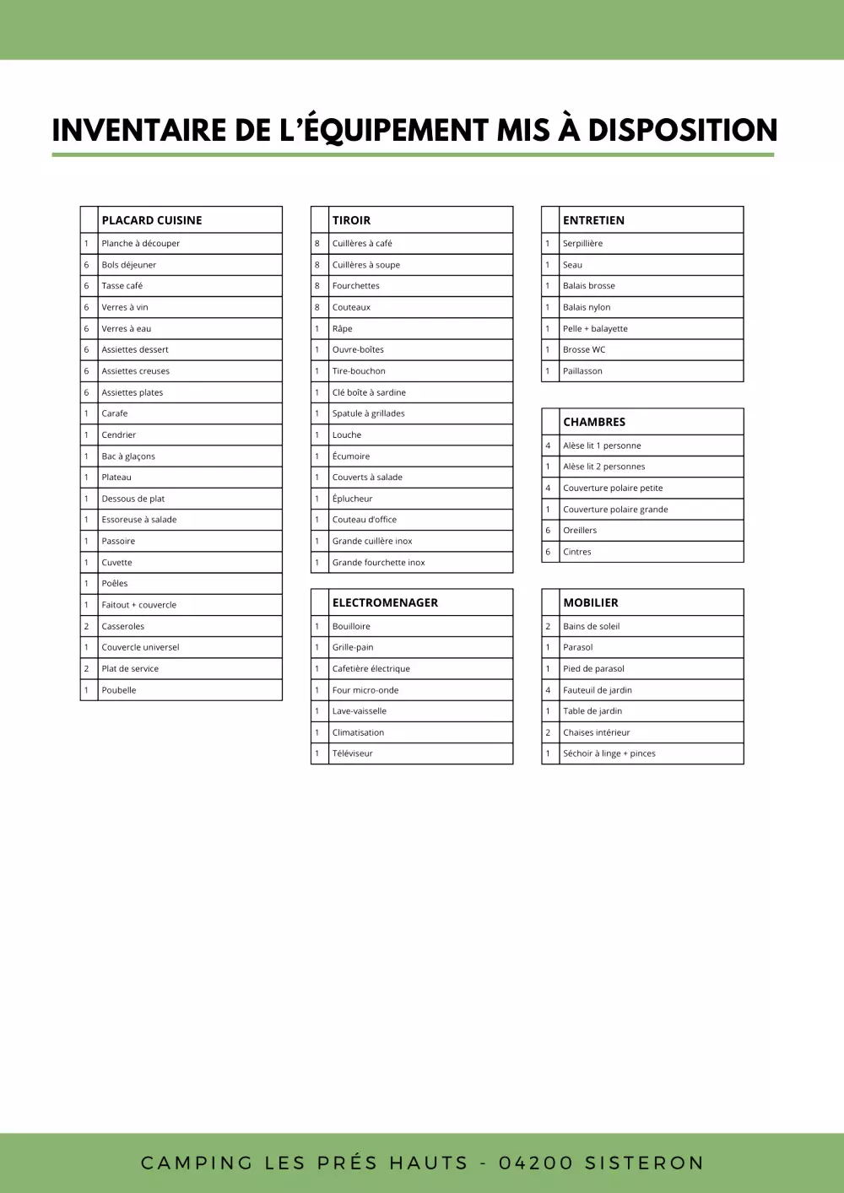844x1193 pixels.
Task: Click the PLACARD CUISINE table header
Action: (x=152, y=220)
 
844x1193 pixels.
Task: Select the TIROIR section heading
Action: (x=351, y=220)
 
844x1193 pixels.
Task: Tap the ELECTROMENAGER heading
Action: (x=385, y=602)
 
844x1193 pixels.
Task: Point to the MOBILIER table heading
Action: (x=591, y=602)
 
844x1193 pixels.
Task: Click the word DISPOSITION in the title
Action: (x=682, y=130)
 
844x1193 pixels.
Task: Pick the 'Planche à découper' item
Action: (x=141, y=244)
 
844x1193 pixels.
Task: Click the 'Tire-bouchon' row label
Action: (x=359, y=371)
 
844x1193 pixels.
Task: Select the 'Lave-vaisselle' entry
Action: (x=360, y=711)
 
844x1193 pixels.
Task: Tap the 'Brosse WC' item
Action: (x=584, y=349)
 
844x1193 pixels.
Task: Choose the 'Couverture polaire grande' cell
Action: (x=615, y=510)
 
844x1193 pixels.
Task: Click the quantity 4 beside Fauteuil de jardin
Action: (x=548, y=690)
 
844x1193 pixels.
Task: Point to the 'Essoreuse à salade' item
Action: (x=139, y=520)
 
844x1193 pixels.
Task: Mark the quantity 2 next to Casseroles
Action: (x=86, y=626)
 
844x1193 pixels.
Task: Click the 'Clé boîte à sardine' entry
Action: (x=369, y=392)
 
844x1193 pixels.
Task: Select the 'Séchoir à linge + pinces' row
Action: (x=609, y=753)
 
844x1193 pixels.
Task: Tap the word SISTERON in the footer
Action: (x=644, y=1163)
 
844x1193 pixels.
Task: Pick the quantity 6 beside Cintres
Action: (x=548, y=552)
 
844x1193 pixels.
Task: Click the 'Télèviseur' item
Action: (x=353, y=753)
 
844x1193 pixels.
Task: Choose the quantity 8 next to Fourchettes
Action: (x=317, y=286)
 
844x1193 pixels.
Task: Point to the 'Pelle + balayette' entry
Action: (x=595, y=329)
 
